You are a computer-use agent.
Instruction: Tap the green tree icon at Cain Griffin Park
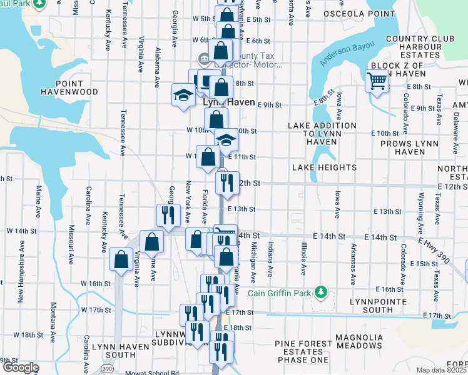pyautogui.click(x=320, y=292)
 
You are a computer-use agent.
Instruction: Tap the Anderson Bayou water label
pyautogui.click(x=347, y=54)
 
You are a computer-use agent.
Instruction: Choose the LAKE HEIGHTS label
pyautogui.click(x=324, y=167)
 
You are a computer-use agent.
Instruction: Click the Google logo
pyautogui.click(x=20, y=367)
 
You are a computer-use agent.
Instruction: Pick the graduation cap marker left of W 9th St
pyautogui.click(x=182, y=95)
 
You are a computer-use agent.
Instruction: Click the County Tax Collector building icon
pyautogui.click(x=204, y=59)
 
